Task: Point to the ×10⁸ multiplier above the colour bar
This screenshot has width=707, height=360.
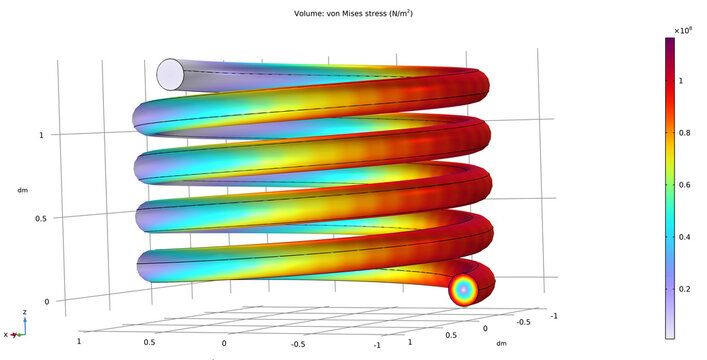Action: [x=684, y=31]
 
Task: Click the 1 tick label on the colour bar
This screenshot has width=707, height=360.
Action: [x=686, y=77]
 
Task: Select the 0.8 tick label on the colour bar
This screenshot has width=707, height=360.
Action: [x=688, y=131]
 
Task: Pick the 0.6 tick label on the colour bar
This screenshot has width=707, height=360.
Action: [x=688, y=184]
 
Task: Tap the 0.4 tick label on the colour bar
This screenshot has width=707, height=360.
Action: [x=688, y=237]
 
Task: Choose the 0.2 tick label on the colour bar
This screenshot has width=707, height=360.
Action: [x=688, y=290]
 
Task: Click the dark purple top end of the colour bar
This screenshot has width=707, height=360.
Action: [x=669, y=42]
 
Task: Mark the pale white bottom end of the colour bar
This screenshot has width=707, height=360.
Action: [x=669, y=336]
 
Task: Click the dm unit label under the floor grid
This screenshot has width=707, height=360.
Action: [x=500, y=342]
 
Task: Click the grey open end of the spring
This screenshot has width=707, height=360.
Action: [x=171, y=73]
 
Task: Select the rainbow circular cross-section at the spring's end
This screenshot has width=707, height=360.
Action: [x=464, y=290]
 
